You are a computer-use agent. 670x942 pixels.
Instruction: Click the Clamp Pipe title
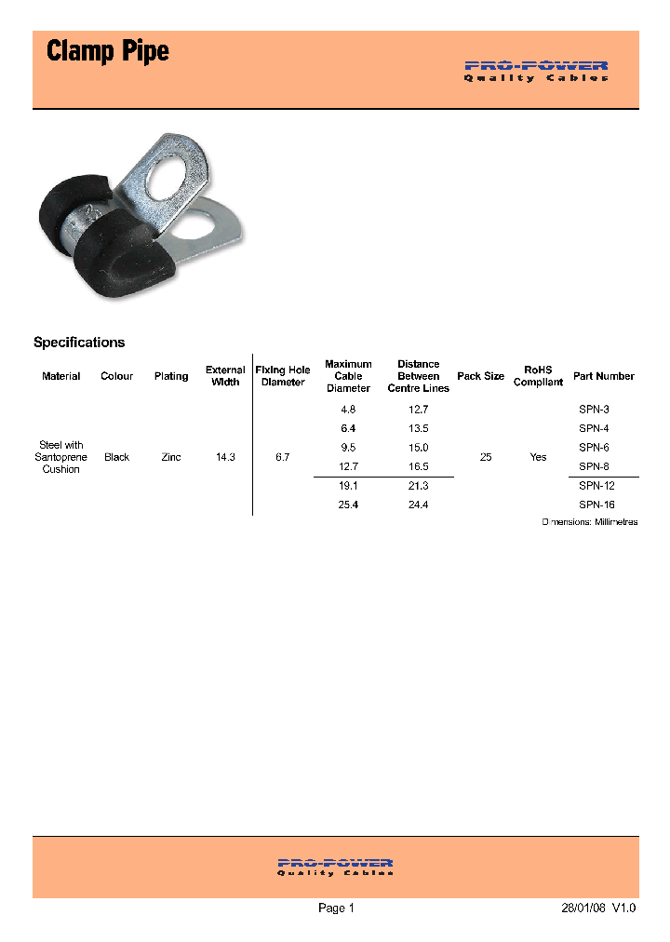pyautogui.click(x=108, y=51)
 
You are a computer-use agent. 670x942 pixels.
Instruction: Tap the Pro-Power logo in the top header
pyautogui.click(x=536, y=71)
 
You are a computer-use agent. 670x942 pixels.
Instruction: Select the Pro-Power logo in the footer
pyautogui.click(x=335, y=867)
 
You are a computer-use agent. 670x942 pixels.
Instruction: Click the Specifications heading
pyautogui.click(x=79, y=343)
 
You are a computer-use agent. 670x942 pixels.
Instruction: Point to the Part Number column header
pyautogui.click(x=604, y=376)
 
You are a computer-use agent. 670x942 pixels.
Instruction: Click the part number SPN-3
pyautogui.click(x=594, y=410)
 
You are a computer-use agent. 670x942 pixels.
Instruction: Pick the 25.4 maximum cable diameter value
pyautogui.click(x=348, y=505)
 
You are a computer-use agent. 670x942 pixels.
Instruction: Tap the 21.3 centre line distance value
pyautogui.click(x=419, y=486)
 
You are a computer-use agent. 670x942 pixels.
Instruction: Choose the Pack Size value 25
pyautogui.click(x=486, y=458)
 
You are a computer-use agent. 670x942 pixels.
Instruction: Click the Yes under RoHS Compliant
pyautogui.click(x=538, y=458)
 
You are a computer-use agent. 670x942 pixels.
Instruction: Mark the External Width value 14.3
pyautogui.click(x=225, y=458)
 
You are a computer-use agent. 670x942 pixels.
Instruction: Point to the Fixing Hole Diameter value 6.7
pyautogui.click(x=283, y=458)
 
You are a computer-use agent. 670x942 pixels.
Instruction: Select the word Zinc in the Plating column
pyautogui.click(x=171, y=458)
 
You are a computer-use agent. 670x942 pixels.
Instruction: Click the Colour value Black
pyautogui.click(x=117, y=458)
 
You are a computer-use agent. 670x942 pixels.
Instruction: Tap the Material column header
pyautogui.click(x=61, y=376)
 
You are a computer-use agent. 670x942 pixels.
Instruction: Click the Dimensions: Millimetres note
pyautogui.click(x=590, y=522)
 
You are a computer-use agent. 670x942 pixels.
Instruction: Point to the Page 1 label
pyautogui.click(x=336, y=908)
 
